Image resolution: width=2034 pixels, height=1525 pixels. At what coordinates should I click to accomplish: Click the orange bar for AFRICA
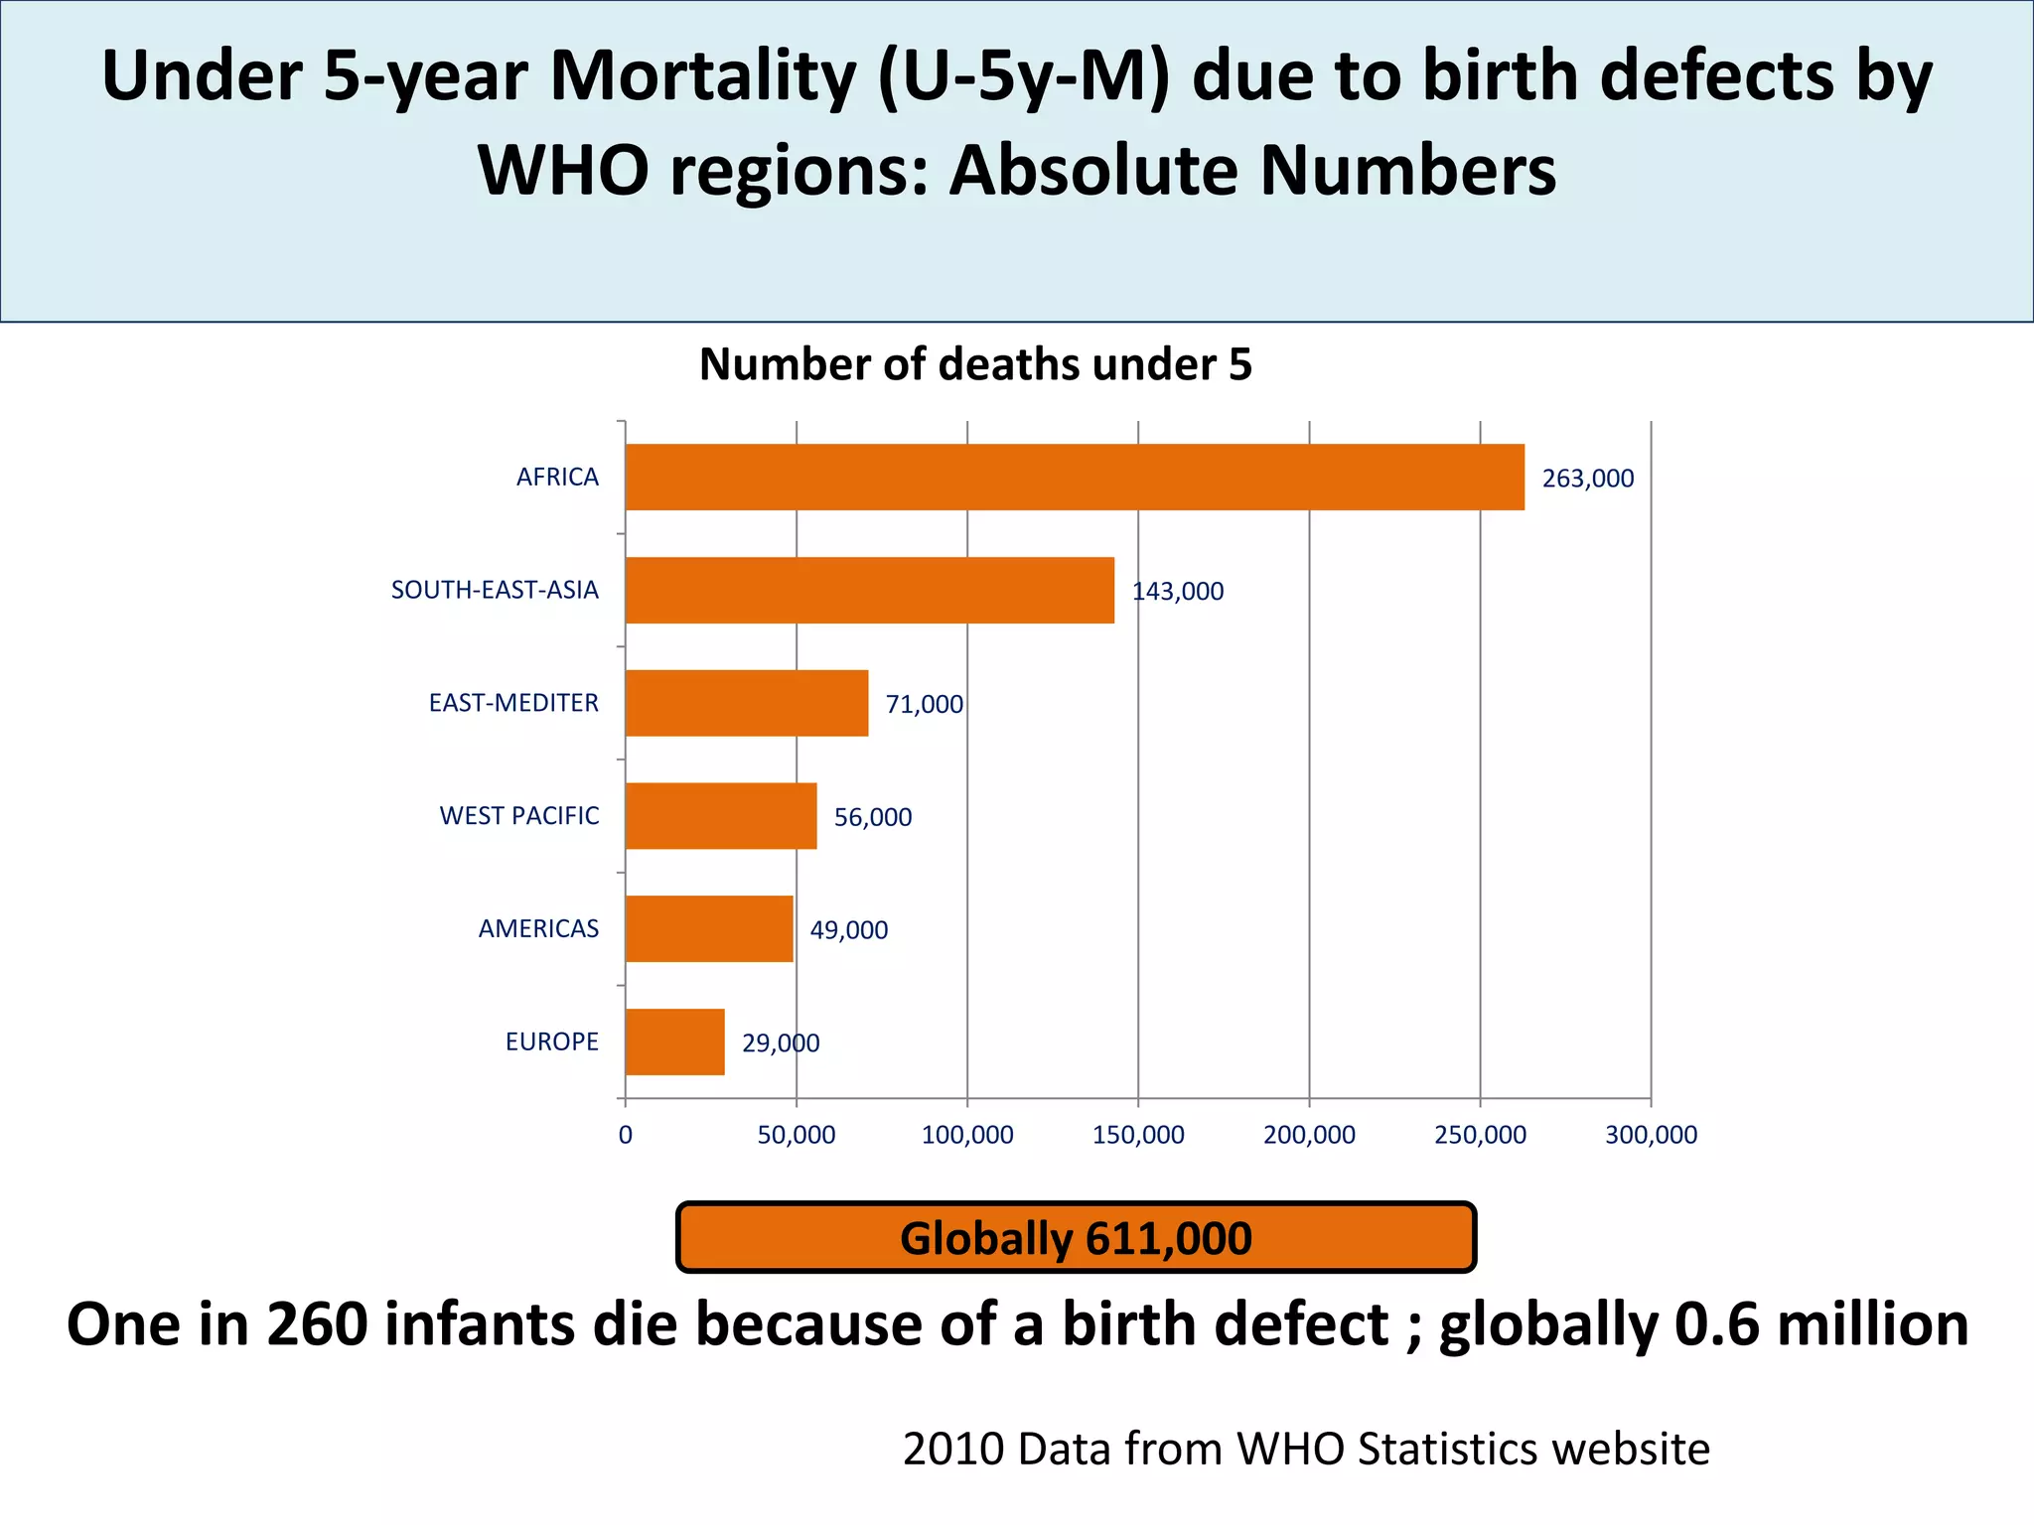[1075, 478]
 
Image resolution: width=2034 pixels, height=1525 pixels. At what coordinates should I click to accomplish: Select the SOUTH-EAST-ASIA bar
[870, 591]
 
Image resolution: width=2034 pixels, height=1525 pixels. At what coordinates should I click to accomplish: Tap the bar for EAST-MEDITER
[747, 703]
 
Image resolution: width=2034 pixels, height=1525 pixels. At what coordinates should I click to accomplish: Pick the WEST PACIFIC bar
[721, 816]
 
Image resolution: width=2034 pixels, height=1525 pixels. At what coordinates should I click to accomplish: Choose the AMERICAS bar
[709, 929]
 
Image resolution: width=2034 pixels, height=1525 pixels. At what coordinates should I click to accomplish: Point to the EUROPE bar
[675, 1042]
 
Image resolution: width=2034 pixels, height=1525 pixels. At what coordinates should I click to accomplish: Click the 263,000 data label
[1587, 479]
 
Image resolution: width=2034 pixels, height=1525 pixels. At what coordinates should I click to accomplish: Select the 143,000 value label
[1178, 592]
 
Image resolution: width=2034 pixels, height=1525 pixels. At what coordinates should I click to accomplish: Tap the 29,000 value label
[781, 1043]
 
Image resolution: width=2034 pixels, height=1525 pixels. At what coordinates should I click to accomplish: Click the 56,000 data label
[872, 817]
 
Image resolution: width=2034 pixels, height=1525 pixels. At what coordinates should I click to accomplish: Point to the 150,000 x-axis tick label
[1138, 1135]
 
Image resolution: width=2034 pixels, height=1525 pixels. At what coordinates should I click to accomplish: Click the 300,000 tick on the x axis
[1651, 1135]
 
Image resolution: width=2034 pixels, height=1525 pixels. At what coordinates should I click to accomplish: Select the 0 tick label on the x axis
[625, 1135]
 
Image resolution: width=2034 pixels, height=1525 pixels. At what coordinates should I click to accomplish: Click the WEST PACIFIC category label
[519, 816]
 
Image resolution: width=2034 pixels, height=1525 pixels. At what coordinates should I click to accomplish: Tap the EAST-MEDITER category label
[513, 703]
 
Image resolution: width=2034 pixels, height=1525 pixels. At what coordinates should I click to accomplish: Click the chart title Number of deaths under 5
[975, 364]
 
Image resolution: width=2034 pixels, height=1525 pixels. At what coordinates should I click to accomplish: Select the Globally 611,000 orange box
[1076, 1238]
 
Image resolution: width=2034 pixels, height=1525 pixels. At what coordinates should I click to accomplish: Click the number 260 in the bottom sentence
[317, 1324]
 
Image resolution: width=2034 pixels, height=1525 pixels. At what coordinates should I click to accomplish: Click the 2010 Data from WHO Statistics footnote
[1305, 1450]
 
